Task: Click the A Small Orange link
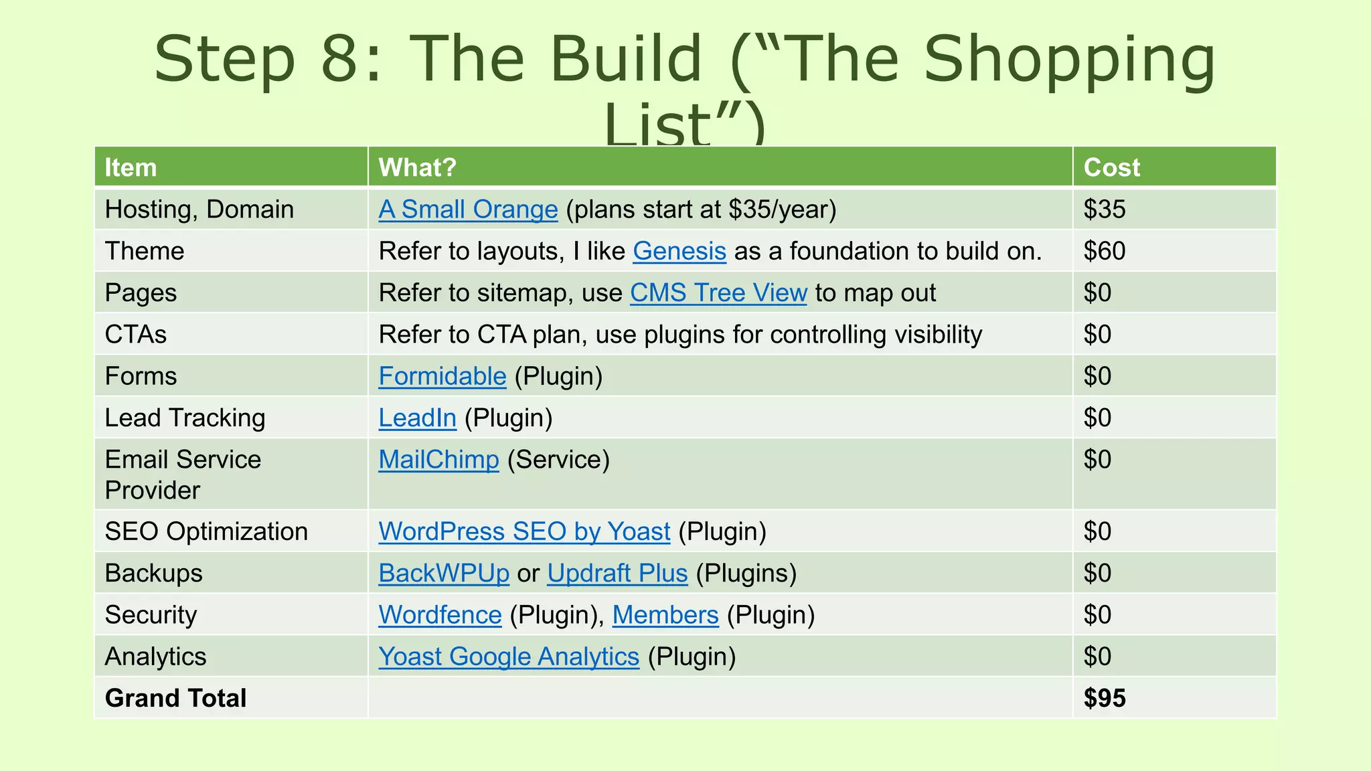468,209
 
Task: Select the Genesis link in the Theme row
679,251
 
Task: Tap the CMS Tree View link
718,293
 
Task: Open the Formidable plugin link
442,376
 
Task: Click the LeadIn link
417,418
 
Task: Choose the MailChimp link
438,460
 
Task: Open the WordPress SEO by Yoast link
524,531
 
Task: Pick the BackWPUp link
444,574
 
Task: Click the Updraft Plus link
617,574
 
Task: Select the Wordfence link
440,615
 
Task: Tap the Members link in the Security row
665,615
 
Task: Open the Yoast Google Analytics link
509,657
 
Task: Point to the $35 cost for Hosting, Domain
1105,209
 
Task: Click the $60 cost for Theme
1105,251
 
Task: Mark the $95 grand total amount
1105,698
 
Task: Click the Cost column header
1111,167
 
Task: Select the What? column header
417,167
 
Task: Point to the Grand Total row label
175,698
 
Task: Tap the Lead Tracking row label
185,418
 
